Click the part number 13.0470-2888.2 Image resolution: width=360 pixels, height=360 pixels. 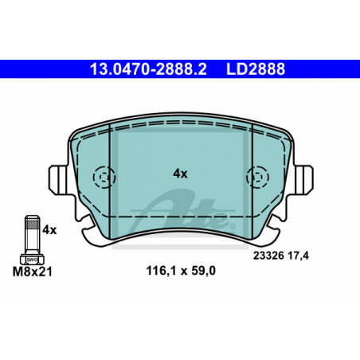pyautogui.click(x=148, y=69)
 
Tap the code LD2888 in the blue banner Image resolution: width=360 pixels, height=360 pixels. pyautogui.click(x=256, y=69)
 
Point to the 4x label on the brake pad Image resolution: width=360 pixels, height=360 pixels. pyautogui.click(x=180, y=174)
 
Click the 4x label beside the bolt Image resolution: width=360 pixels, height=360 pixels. pyautogui.click(x=49, y=230)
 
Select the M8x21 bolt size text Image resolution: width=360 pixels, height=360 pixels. pyautogui.click(x=33, y=272)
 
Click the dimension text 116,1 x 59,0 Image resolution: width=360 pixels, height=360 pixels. pyautogui.click(x=181, y=271)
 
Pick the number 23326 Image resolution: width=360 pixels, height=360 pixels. pyautogui.click(x=268, y=256)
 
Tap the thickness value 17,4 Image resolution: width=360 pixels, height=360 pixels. pyautogui.click(x=298, y=256)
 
